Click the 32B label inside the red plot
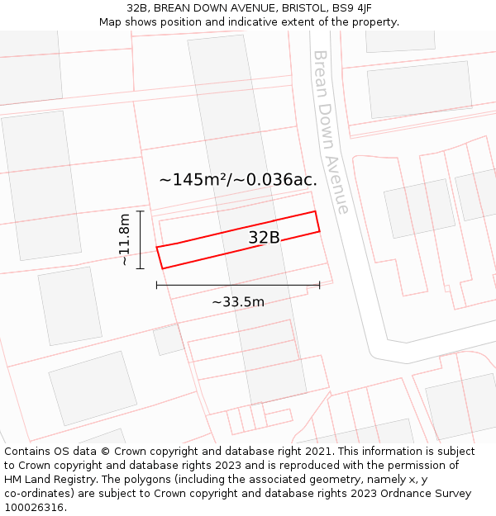click(264, 238)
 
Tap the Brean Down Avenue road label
click(330, 131)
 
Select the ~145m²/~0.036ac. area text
click(238, 179)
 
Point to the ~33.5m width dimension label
click(238, 302)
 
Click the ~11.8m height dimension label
click(125, 239)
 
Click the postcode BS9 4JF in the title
click(351, 8)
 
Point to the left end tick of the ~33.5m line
click(157, 285)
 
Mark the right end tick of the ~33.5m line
click(320, 285)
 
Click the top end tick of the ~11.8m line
click(141, 211)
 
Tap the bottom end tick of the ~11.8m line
click(141, 268)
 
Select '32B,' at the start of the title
click(139, 8)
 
